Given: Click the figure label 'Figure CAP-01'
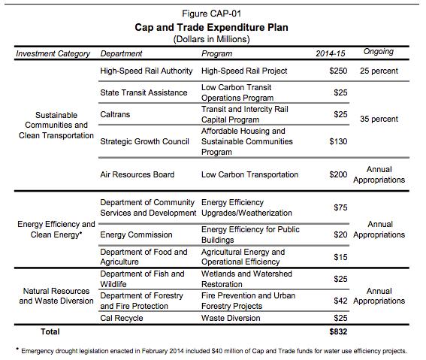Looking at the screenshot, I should (213, 12).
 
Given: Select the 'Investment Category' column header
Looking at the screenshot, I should (53, 53).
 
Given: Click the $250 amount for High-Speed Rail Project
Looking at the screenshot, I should (338, 71).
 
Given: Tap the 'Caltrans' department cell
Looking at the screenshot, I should (116, 114).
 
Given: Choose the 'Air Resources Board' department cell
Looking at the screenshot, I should (137, 174).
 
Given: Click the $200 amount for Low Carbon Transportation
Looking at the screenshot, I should (338, 174).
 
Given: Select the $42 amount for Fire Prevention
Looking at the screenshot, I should (340, 301).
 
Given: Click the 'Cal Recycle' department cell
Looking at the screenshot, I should (122, 318).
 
